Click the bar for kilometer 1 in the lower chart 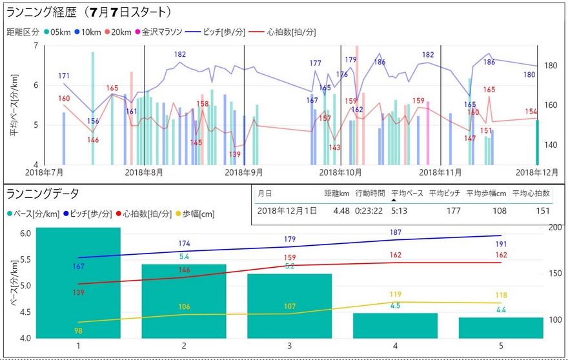(x=78, y=284)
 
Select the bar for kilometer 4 (x=395, y=326)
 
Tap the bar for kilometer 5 (x=501, y=328)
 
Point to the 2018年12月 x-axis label (x=536, y=173)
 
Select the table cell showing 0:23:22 (x=369, y=210)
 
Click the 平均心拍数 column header (x=530, y=192)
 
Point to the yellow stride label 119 (x=395, y=294)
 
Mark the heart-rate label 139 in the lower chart (x=78, y=292)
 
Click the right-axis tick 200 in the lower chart (x=554, y=228)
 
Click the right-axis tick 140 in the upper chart (x=551, y=145)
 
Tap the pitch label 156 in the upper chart (x=93, y=121)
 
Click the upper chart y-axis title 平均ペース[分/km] (x=14, y=104)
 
